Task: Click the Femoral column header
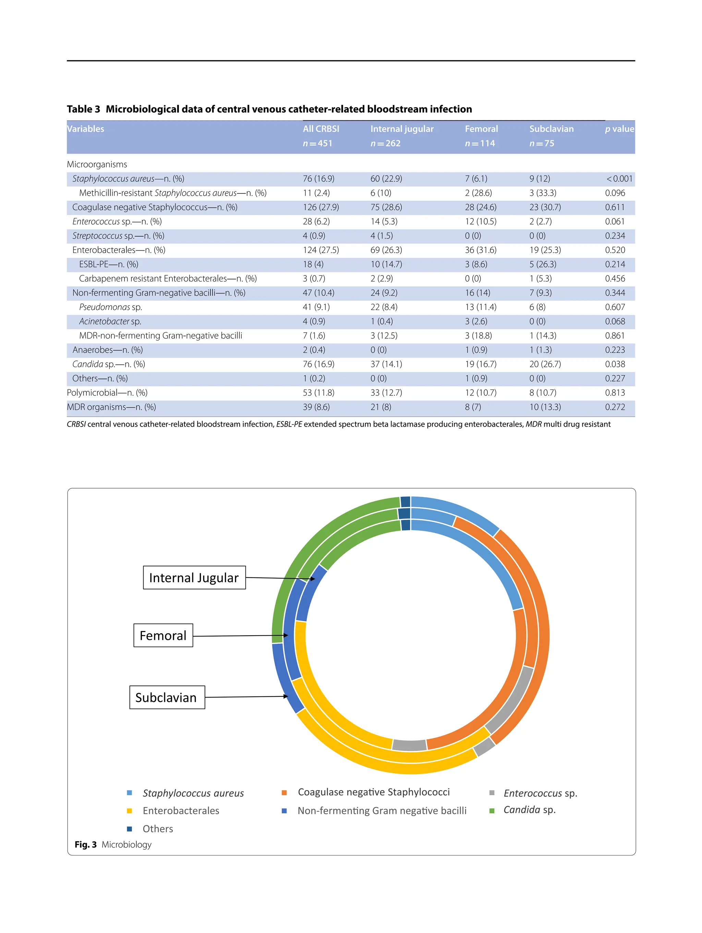coord(481,129)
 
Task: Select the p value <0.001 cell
coord(619,179)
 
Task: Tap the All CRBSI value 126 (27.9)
coord(320,207)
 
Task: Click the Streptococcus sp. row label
coord(118,236)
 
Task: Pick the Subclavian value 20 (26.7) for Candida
coord(545,364)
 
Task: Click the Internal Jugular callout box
coord(194,577)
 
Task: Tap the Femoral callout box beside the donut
coord(163,635)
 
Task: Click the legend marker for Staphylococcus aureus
coord(130,793)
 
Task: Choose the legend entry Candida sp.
coord(529,810)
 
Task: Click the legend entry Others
coord(158,829)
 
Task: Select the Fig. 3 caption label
coord(86,845)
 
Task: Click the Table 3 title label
coord(84,109)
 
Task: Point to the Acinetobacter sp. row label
coord(110,321)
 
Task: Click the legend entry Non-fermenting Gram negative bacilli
coord(382,811)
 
